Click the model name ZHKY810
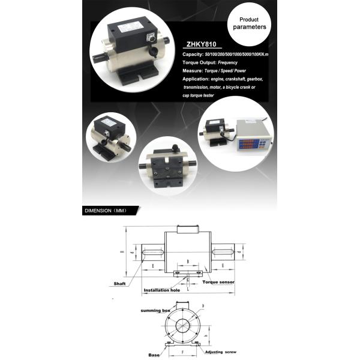pos(203,44)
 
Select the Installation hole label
pos(161,290)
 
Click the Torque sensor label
pos(218,281)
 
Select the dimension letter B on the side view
pos(188,262)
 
